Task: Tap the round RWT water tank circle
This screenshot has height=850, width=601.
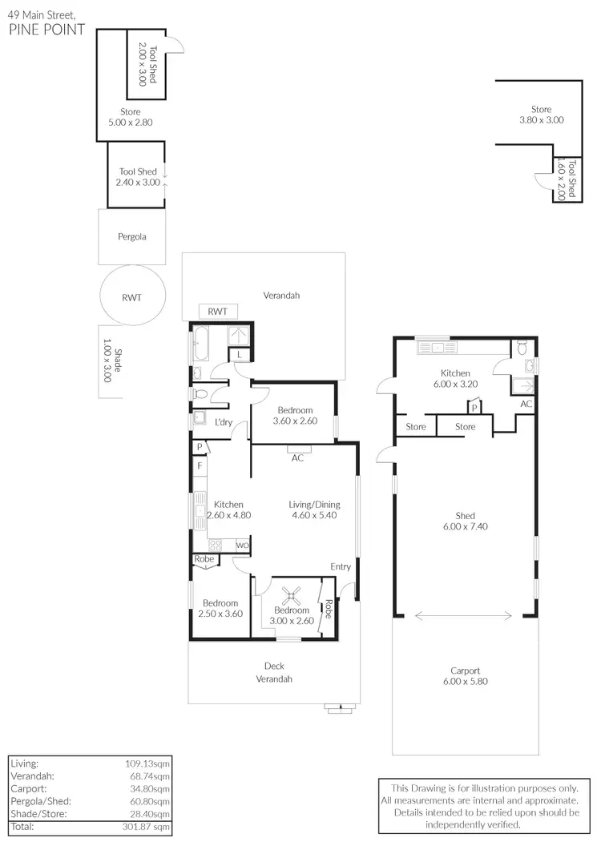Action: pyautogui.click(x=132, y=297)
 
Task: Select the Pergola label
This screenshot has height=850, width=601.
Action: pyautogui.click(x=132, y=237)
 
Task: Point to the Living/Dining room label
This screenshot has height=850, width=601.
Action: pyautogui.click(x=314, y=505)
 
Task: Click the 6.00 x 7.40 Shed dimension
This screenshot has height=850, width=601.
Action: pyautogui.click(x=465, y=526)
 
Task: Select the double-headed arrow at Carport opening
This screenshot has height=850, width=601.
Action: pyautogui.click(x=465, y=616)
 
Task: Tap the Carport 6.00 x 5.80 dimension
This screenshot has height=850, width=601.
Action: pyautogui.click(x=465, y=682)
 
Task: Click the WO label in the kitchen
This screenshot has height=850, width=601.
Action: pyautogui.click(x=242, y=546)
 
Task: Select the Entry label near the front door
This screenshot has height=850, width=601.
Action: pyautogui.click(x=341, y=567)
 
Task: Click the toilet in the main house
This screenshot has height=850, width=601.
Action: pyautogui.click(x=201, y=393)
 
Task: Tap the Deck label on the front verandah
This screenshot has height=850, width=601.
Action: pyautogui.click(x=274, y=666)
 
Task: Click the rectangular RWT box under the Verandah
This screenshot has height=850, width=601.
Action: pyautogui.click(x=217, y=312)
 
